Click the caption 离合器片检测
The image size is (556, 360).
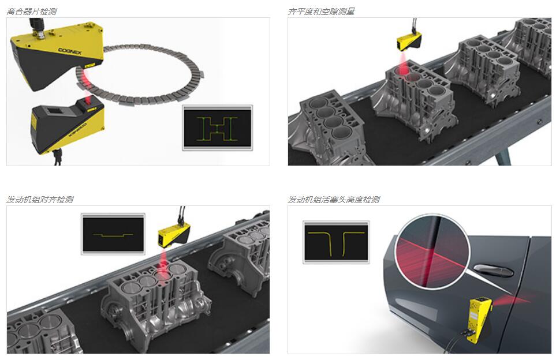(32, 12)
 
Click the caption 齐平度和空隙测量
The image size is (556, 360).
(321, 12)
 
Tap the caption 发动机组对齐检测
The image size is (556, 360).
(40, 200)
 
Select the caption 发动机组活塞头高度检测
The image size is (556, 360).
(334, 200)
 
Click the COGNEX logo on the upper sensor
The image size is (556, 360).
(70, 51)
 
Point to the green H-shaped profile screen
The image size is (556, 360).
(217, 128)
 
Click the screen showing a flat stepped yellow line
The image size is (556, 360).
(113, 234)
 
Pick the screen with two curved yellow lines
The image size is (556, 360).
(336, 242)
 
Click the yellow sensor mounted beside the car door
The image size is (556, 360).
(480, 319)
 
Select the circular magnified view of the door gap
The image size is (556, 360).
(432, 252)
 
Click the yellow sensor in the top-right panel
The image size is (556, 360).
(409, 41)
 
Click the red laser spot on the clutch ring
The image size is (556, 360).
(85, 76)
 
